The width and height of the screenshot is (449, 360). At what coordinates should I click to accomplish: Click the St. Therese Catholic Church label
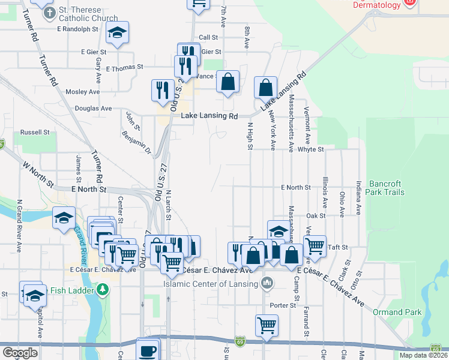tap(89, 11)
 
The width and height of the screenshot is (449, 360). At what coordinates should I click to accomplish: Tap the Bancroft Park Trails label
tap(387, 188)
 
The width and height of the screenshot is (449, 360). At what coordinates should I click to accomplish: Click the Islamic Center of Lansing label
tap(212, 284)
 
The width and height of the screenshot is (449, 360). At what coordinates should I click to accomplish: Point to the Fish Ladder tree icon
tap(103, 290)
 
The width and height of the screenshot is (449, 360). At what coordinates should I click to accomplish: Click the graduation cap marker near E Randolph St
tap(118, 34)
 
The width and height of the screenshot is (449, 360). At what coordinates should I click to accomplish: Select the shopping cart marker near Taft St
tap(315, 245)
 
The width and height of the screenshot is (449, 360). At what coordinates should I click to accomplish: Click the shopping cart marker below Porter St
tap(267, 326)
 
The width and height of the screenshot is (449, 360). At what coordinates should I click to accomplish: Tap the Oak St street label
tap(315, 215)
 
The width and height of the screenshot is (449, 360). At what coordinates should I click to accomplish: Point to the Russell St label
tap(35, 132)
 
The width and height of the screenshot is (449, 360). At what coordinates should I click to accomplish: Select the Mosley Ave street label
tap(82, 92)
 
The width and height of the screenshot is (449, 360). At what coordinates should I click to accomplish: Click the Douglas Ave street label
tap(93, 109)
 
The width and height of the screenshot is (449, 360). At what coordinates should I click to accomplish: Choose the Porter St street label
tap(283, 305)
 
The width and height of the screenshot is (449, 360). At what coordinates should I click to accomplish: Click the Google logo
tap(20, 353)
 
